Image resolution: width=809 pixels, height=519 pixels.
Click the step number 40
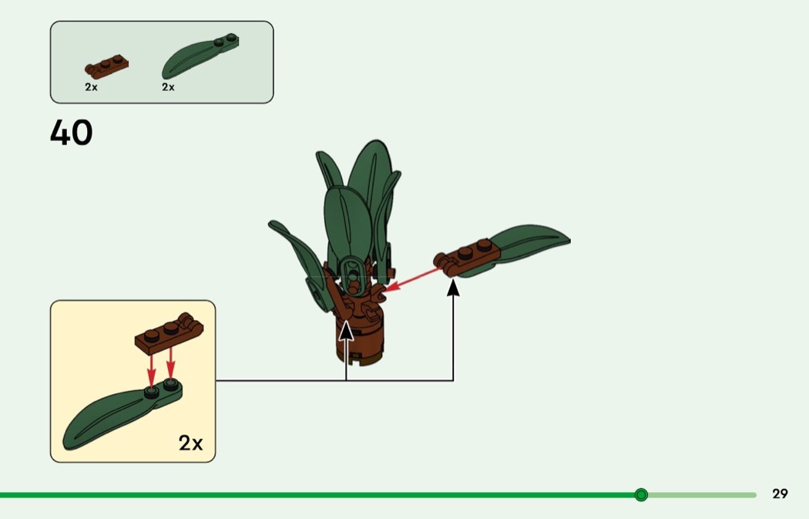pos(72,133)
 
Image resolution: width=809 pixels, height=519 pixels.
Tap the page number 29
pos(780,494)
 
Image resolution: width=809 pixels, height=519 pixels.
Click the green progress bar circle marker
pos(641,494)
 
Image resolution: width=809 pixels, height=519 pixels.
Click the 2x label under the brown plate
pos(92,87)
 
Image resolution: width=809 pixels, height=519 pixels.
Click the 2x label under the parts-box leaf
pos(168,87)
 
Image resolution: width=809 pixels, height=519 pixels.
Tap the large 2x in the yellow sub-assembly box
pos(190,443)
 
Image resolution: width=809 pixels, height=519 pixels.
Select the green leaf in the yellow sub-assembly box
pos(116,416)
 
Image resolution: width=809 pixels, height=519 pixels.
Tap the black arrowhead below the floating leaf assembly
pos(453,288)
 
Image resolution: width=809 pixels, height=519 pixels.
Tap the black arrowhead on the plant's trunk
pos(346,330)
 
